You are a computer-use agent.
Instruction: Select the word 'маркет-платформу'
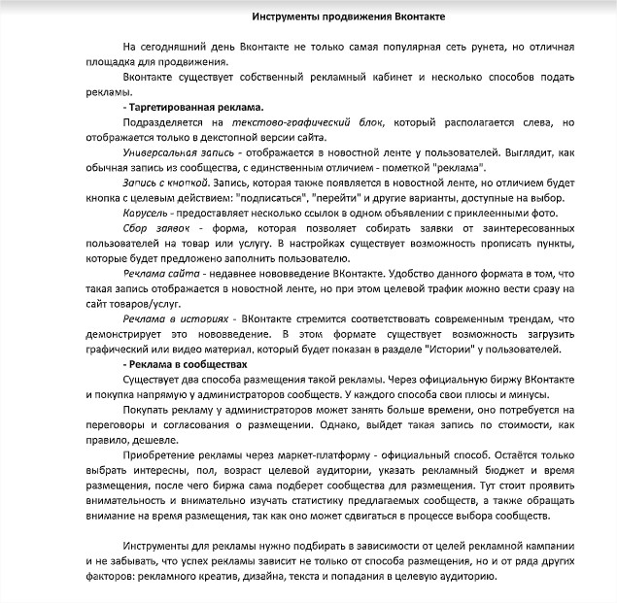click(288, 456)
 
